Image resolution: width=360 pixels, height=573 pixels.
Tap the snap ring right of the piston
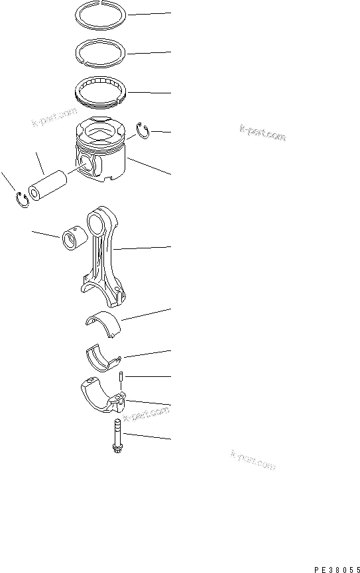coord(144,130)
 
